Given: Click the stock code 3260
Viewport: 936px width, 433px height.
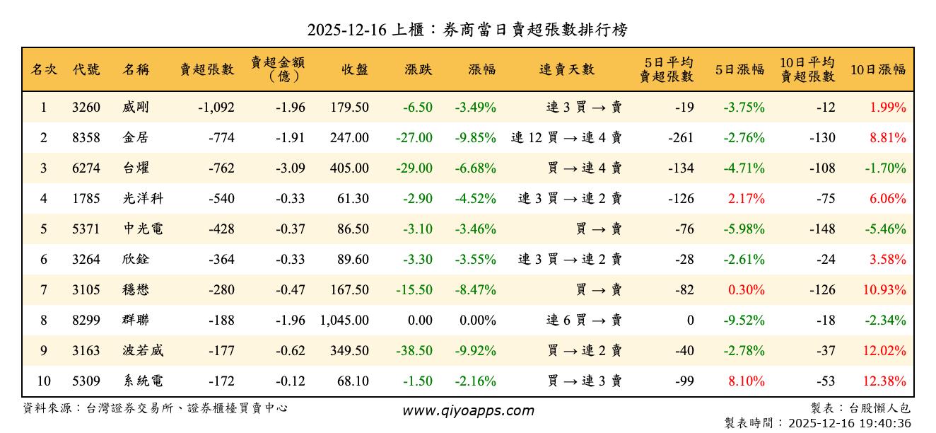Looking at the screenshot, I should pos(86,108).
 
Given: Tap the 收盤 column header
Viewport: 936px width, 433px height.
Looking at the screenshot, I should pos(355,69).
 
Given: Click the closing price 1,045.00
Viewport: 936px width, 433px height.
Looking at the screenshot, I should pos(344,321).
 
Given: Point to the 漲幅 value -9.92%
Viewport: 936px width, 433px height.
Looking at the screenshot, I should pos(475,351).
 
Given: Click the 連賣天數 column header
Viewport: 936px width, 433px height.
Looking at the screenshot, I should pos(567,69).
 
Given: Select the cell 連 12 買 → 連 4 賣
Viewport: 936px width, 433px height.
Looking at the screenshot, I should pos(566,138).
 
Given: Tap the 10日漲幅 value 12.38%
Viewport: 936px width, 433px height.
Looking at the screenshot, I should pos(884,381).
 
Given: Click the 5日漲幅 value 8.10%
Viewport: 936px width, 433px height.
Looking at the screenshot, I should pos(746,381).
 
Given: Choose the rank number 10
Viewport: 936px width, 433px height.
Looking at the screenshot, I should pos(44,381).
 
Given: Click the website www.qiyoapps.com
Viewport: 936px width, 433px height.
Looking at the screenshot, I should pos(468,410).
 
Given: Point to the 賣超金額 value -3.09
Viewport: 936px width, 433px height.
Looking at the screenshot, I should pos(291,168).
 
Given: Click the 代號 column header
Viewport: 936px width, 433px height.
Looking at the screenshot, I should pos(86,69).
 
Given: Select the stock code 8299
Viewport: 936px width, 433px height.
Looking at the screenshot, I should pos(86,321).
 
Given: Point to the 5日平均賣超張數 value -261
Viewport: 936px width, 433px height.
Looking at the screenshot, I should pos(681,138).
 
